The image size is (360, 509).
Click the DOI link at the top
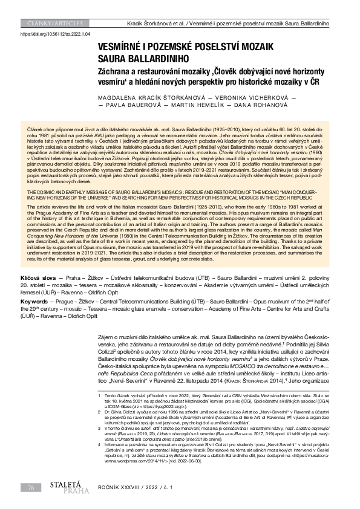[x=55, y=35]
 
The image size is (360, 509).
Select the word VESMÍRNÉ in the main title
[x=123, y=47]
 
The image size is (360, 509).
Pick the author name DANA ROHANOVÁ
[x=252, y=105]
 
